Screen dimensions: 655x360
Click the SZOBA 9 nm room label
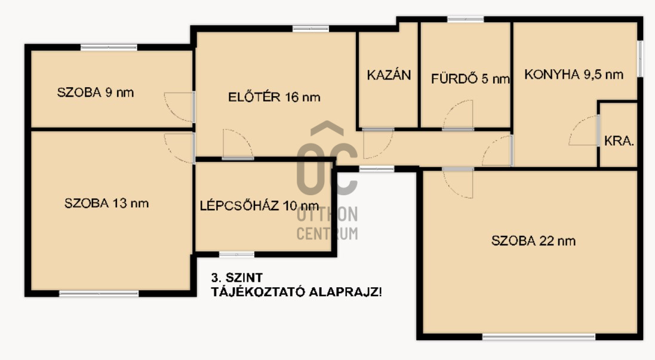tap(96, 93)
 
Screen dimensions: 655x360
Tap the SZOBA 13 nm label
tap(106, 204)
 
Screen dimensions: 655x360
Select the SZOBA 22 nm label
tap(533, 241)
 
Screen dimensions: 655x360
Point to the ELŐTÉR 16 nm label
tap(274, 97)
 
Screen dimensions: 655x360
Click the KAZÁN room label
tap(389, 75)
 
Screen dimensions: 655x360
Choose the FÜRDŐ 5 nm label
tap(471, 79)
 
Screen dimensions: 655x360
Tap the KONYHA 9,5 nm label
tap(574, 75)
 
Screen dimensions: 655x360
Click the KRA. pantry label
tap(619, 141)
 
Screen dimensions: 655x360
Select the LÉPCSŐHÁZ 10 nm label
tap(259, 205)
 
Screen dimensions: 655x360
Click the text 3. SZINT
tap(237, 278)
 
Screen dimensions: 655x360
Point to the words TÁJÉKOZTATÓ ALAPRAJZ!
tap(296, 292)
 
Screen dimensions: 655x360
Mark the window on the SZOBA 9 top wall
tap(109, 47)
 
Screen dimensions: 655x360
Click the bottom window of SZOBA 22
tap(539, 337)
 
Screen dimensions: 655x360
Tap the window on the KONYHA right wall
tap(640, 59)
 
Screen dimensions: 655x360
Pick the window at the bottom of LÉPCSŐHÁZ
tap(237, 254)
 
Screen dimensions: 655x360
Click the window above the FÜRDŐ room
tap(465, 19)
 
